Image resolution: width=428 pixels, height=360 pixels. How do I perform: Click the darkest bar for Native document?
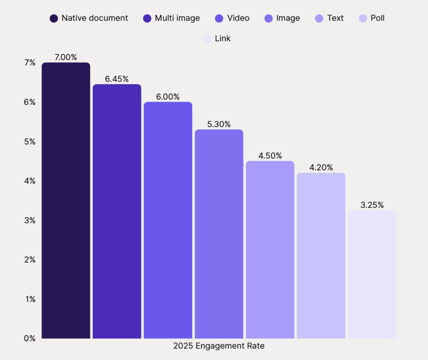(x=66, y=200)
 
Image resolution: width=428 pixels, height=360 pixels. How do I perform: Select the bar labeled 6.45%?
(x=117, y=211)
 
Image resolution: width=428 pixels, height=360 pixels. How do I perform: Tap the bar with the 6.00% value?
(x=168, y=220)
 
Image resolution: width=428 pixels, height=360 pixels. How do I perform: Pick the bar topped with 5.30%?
(x=219, y=234)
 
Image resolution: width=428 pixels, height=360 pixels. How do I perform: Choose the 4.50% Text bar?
(x=270, y=250)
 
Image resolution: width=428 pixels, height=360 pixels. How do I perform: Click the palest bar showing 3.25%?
(x=372, y=274)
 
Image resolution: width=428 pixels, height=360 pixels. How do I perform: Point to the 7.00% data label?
(x=66, y=57)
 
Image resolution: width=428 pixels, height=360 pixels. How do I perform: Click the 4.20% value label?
(x=321, y=168)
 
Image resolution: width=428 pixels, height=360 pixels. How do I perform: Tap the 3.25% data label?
(x=372, y=205)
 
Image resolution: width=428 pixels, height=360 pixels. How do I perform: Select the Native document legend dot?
(x=54, y=18)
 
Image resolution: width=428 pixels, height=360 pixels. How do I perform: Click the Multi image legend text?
(x=177, y=18)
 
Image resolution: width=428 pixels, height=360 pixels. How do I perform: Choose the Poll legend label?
(x=377, y=18)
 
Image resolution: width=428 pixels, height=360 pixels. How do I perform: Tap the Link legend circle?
(x=207, y=39)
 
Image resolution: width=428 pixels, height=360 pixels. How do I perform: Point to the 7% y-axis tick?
(x=30, y=63)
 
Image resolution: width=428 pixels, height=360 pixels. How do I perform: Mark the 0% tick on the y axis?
(x=30, y=338)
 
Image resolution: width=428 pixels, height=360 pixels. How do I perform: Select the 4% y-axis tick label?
(x=30, y=181)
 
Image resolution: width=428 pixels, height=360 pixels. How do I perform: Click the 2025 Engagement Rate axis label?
(x=219, y=346)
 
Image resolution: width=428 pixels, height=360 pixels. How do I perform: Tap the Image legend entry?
(x=288, y=18)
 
